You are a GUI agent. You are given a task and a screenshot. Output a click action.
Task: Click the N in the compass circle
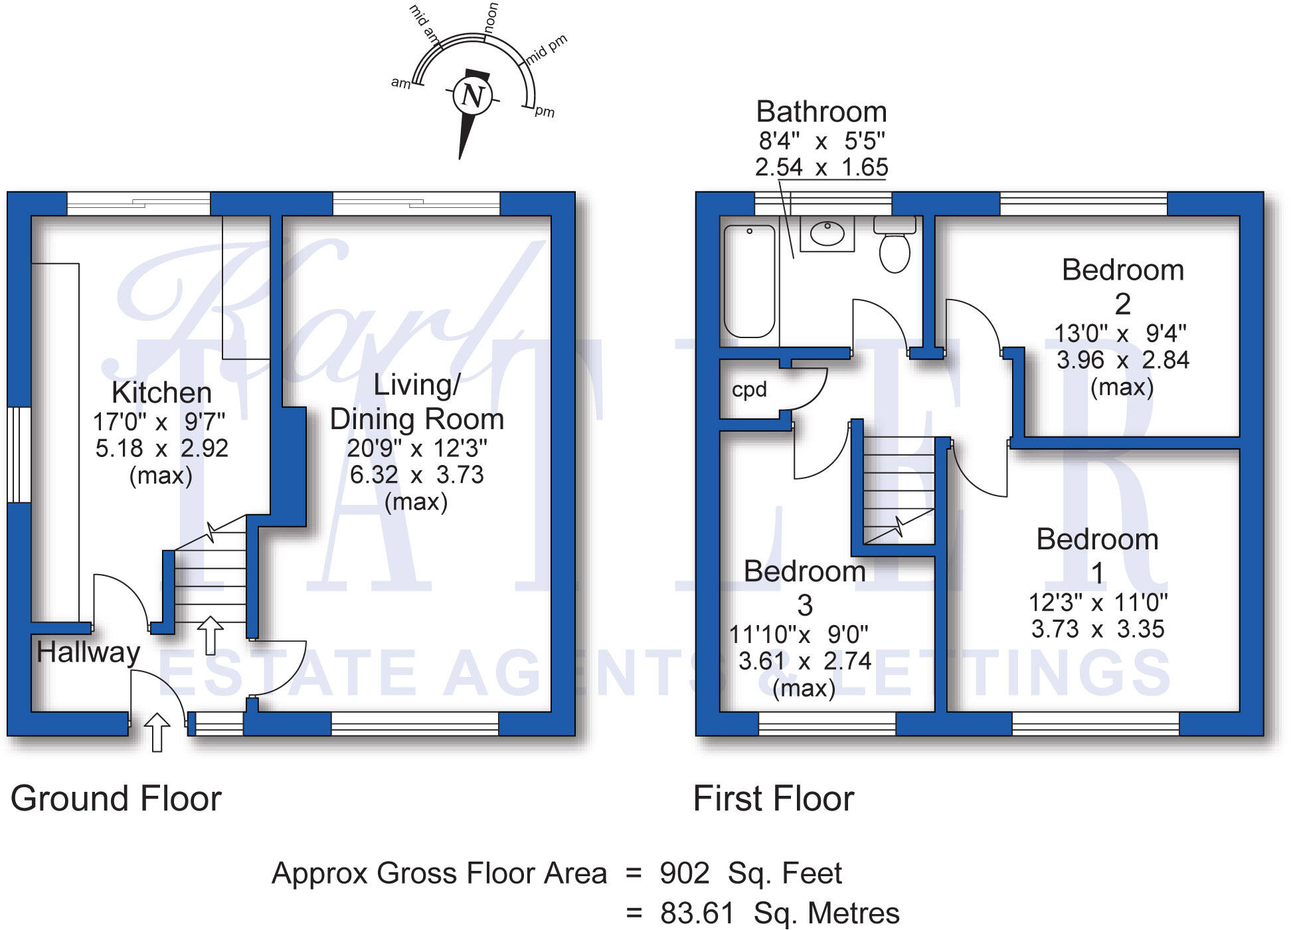click(x=472, y=96)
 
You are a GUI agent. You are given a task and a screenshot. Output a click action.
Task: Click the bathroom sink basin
click(x=827, y=234)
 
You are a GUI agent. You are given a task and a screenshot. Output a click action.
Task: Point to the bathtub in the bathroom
click(x=749, y=281)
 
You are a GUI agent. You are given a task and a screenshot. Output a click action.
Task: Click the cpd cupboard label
click(x=749, y=389)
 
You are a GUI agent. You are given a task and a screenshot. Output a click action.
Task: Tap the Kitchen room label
click(x=161, y=393)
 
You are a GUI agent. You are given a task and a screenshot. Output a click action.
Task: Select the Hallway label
click(x=88, y=652)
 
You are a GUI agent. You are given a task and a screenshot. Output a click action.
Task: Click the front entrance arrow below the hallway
click(x=157, y=732)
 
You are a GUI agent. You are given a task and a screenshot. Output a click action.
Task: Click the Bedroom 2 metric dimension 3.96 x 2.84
click(x=1122, y=360)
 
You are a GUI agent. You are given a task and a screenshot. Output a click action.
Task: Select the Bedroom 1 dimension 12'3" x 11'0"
click(x=1098, y=603)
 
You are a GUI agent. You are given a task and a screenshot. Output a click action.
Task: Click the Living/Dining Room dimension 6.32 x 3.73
click(x=417, y=475)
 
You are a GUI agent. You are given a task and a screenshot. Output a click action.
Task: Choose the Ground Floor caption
click(x=116, y=798)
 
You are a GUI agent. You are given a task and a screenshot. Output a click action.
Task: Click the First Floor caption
click(x=773, y=798)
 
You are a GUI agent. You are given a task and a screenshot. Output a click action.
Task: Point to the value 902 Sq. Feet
click(x=750, y=874)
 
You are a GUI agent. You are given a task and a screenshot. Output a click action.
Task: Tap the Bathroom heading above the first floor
click(x=821, y=112)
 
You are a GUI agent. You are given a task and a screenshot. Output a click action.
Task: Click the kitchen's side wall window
click(x=19, y=454)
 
